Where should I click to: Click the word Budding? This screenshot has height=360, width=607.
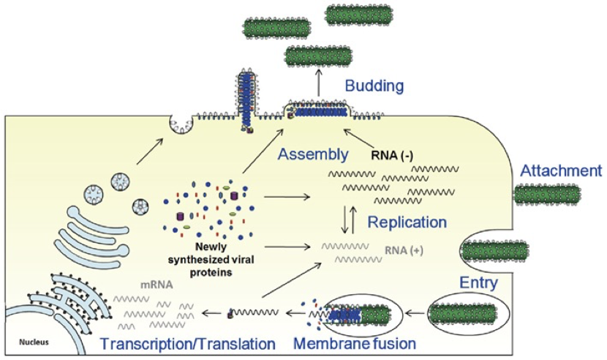click(x=374, y=86)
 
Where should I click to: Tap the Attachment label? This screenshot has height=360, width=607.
click(x=560, y=172)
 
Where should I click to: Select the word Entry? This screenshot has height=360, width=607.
click(x=479, y=282)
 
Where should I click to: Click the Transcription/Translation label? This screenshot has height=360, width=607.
click(x=188, y=342)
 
